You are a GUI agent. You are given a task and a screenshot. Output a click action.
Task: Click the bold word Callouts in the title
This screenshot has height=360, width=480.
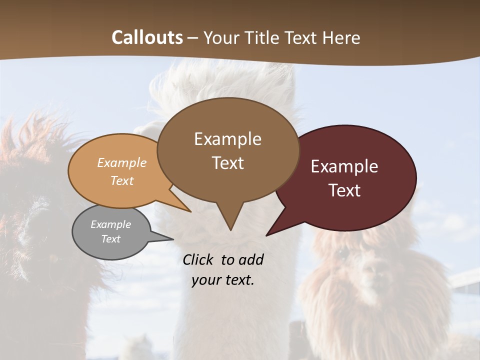[x=147, y=37]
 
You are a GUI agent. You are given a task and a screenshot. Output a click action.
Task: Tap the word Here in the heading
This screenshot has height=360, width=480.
[x=341, y=37]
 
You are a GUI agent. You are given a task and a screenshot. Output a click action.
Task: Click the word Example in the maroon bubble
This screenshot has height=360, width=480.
[x=344, y=166]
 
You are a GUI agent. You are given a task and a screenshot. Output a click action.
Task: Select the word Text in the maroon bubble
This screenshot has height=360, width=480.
[x=344, y=190]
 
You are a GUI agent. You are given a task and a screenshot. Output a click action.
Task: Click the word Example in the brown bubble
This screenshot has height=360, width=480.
[x=227, y=138]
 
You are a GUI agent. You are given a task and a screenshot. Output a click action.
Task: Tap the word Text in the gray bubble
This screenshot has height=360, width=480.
[x=111, y=239]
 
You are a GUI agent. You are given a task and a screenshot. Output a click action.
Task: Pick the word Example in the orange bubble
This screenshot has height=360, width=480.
[x=122, y=163]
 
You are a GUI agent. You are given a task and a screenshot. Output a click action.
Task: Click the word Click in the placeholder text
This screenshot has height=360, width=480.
[x=199, y=259]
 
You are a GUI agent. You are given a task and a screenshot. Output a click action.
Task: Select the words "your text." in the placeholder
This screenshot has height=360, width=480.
[x=223, y=280]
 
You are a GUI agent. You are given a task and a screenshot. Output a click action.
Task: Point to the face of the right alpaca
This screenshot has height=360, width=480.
[x=370, y=270]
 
